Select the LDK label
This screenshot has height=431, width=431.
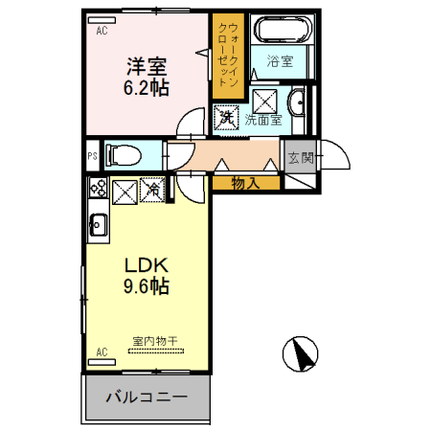click(145, 265)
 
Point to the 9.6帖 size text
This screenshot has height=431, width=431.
click(145, 285)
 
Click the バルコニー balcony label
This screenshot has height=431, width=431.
click(146, 397)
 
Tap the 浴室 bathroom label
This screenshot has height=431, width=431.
click(280, 63)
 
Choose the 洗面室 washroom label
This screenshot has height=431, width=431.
click(262, 120)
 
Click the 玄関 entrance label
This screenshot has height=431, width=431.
click(301, 157)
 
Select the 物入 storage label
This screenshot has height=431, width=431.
click(244, 182)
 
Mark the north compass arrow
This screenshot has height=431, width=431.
click(302, 354)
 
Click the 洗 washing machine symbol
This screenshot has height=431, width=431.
click(227, 118)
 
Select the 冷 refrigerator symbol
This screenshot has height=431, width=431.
click(153, 191)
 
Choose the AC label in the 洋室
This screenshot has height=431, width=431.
click(102, 30)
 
